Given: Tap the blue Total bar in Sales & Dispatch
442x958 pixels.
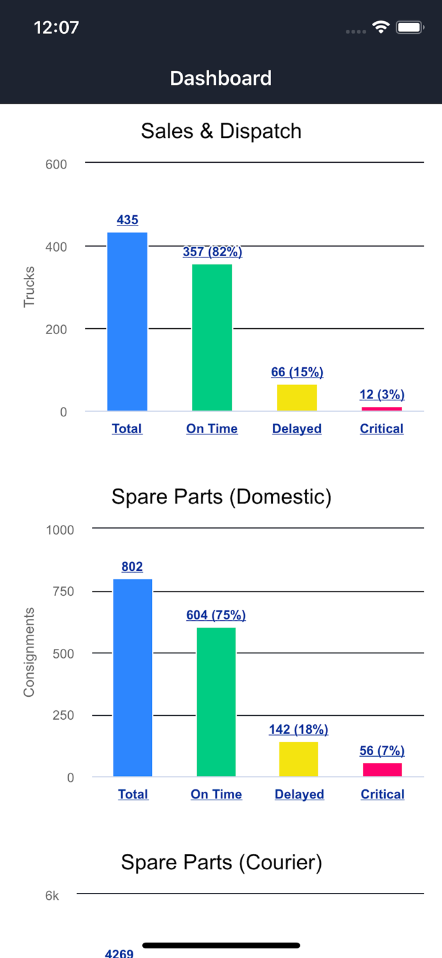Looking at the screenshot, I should [x=127, y=321].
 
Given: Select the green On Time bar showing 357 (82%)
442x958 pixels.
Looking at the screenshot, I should [x=212, y=337].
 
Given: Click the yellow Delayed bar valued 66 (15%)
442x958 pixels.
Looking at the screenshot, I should [x=297, y=397].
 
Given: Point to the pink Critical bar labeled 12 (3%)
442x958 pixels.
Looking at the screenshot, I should [x=381, y=409].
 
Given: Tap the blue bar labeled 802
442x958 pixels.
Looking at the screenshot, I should [x=133, y=678].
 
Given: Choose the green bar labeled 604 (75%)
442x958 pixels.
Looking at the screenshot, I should [x=216, y=702].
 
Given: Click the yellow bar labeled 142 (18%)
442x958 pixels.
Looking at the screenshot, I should [x=298, y=759].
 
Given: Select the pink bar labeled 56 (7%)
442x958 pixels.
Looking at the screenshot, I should [x=382, y=770].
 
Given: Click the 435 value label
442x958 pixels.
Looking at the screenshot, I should [x=128, y=220].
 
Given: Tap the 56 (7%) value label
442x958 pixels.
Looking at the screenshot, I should [x=382, y=750].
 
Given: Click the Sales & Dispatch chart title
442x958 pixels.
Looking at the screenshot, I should [x=221, y=131].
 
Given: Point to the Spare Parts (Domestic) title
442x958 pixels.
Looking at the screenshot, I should [x=221, y=496].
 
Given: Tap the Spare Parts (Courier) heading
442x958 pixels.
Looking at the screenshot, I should [x=221, y=862].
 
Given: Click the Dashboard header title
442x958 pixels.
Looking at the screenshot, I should [x=221, y=78].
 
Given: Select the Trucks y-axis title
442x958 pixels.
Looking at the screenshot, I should [x=29, y=287].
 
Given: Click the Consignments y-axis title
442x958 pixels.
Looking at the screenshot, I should [x=29, y=652].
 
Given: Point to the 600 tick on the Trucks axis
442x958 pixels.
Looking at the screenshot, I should [x=56, y=164].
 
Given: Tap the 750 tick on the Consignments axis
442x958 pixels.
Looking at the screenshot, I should [x=63, y=591].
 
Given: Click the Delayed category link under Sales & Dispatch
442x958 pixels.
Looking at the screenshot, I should [x=297, y=429].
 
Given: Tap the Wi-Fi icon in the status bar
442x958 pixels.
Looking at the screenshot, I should [x=381, y=27].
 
